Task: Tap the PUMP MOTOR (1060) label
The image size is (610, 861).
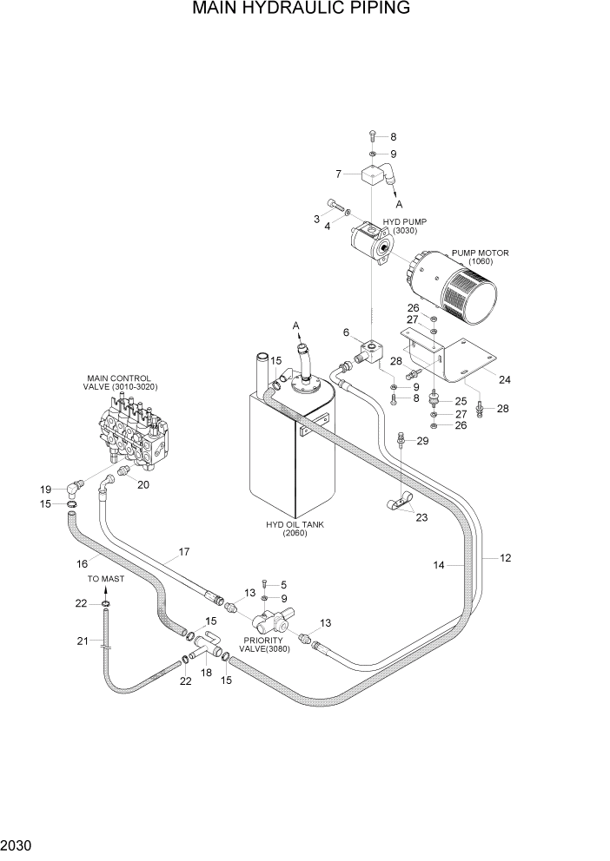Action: (480, 257)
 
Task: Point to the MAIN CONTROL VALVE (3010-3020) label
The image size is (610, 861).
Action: (122, 383)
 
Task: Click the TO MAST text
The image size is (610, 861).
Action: (105, 578)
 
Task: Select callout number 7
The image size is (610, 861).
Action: (338, 174)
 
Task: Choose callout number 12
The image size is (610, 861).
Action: (506, 557)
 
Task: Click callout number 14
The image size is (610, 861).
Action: (439, 565)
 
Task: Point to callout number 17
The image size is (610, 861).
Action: (183, 551)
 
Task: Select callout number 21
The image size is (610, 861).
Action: (83, 641)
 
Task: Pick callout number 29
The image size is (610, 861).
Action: (423, 442)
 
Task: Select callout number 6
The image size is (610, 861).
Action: (346, 332)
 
